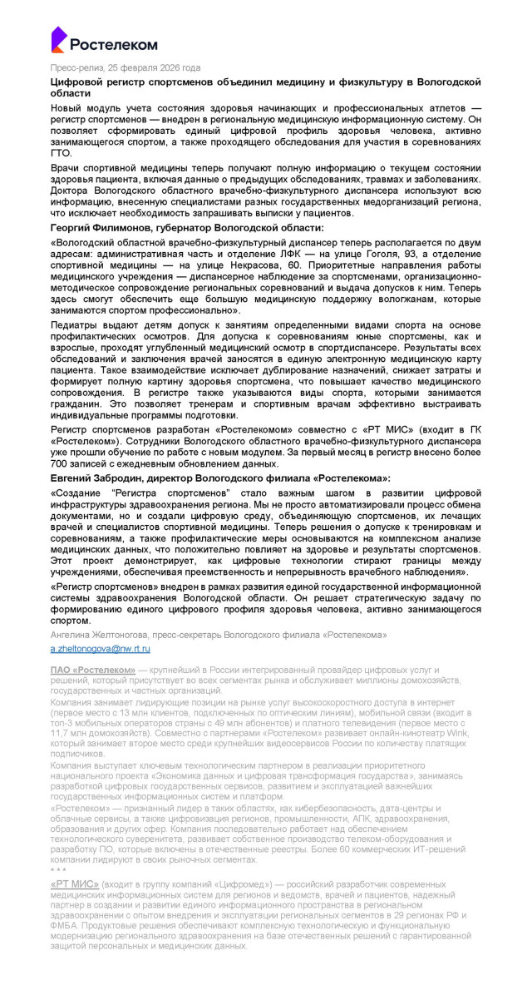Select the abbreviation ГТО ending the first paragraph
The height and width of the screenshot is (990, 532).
pyautogui.click(x=62, y=154)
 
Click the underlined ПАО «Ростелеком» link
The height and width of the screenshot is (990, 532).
pyautogui.click(x=92, y=669)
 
